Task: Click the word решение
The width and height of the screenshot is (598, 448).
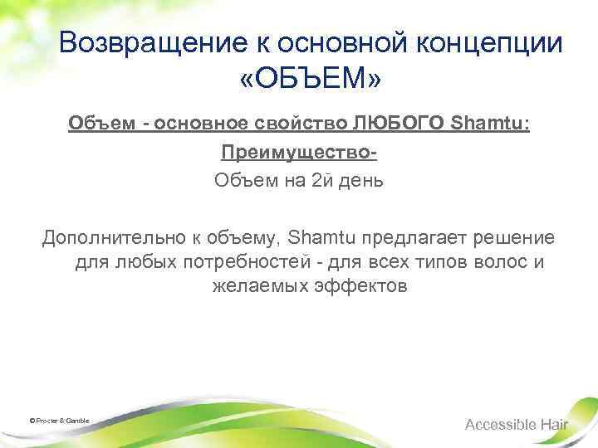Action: point(515,239)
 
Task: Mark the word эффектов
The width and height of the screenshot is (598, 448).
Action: point(365,287)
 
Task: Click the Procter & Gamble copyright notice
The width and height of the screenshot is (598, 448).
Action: point(59,421)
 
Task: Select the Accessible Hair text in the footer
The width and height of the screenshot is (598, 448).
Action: point(517,424)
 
